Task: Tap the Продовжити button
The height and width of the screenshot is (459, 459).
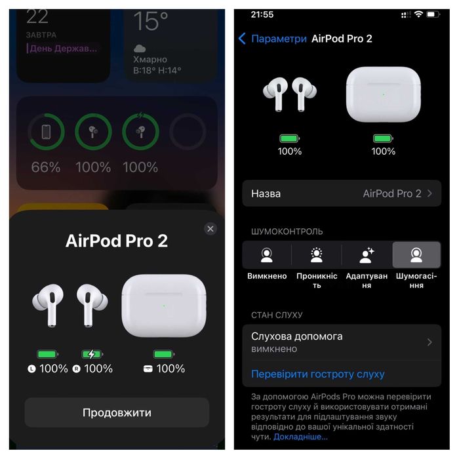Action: point(117,412)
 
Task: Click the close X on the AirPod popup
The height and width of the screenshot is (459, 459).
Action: point(210,228)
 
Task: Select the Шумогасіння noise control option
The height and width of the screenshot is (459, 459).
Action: point(416,255)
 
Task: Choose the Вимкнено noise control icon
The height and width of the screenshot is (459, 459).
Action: point(267,255)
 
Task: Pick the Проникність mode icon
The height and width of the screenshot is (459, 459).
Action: point(317,255)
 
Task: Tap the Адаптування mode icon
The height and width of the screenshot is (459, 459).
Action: point(367,255)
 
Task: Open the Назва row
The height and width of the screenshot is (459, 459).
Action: point(342,193)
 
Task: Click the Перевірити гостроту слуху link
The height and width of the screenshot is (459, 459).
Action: point(318,374)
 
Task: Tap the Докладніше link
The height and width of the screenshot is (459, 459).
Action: point(300,436)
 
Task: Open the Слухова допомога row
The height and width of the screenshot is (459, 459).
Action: point(342,342)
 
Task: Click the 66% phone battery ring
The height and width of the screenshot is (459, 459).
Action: point(46,132)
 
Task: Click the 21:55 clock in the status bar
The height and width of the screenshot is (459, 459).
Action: point(262,14)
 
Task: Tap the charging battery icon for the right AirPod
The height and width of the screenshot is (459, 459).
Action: point(91,354)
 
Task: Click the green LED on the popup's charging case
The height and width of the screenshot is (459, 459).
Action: point(163,305)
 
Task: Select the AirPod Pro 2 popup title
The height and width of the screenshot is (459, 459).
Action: point(117,241)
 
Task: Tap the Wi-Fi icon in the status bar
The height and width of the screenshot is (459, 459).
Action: point(418,14)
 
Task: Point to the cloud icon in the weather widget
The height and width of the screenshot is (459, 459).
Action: point(140,48)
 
